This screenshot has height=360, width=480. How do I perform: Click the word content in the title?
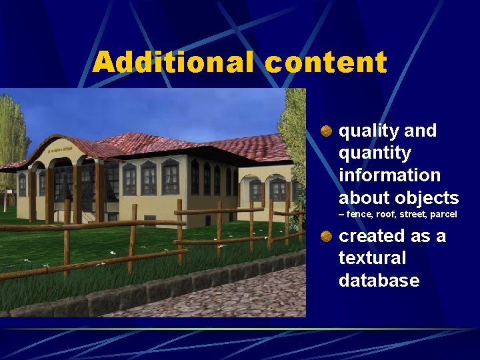tap(326, 63)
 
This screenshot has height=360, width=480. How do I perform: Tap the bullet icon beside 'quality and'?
tap(326, 131)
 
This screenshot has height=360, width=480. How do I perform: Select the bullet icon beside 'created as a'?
tap(326, 237)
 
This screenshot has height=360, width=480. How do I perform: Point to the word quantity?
tap(375, 153)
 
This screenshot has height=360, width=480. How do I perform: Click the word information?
tap(389, 175)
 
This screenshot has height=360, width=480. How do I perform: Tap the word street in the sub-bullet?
tap(411, 215)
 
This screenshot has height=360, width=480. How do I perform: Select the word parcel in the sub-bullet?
tap(443, 215)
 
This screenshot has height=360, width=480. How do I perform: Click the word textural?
tap(373, 258)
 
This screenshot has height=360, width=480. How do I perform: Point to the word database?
tap(379, 281)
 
